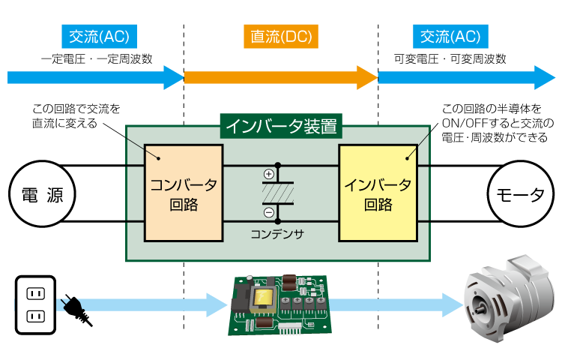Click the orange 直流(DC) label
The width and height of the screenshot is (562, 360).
click(280, 36)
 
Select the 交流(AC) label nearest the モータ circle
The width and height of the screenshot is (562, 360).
click(450, 36)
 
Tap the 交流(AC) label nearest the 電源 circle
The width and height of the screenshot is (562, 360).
click(98, 36)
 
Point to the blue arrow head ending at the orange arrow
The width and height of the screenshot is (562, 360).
click(174, 77)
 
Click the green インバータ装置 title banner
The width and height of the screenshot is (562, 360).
click(280, 126)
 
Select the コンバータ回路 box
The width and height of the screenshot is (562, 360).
click(184, 193)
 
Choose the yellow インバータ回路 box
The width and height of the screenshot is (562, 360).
click(378, 193)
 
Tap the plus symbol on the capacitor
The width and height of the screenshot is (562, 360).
click(269, 175)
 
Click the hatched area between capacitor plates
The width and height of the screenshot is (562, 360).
click(278, 193)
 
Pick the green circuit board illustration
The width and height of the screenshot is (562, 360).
click(277, 304)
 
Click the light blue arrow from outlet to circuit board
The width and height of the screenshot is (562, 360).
click(150, 304)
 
